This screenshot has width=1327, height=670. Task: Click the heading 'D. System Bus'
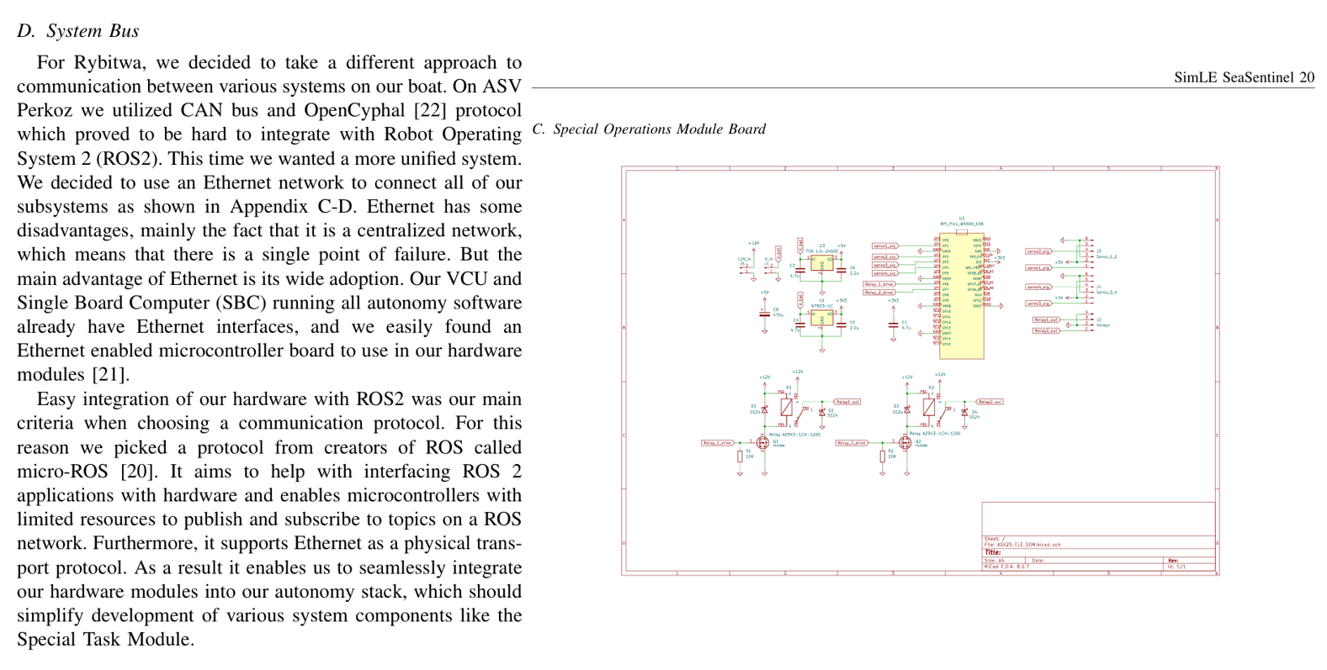point(78,31)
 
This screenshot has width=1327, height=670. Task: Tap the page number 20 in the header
point(1306,77)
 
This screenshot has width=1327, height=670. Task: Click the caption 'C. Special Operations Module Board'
point(649,129)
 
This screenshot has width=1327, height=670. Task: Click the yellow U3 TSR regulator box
point(821,264)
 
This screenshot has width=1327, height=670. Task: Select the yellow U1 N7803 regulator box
point(821,319)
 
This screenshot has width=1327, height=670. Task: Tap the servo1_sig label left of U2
point(884,246)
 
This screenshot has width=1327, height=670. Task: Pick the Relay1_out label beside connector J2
point(1046,320)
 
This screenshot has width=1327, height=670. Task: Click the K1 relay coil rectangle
point(787,407)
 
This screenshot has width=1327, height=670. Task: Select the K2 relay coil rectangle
point(929,407)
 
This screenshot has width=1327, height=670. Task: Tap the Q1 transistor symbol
point(763,442)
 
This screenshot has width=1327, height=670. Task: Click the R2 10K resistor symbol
point(882,456)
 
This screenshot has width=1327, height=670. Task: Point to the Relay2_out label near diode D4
point(990,402)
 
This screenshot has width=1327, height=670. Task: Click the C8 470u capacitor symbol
point(764,312)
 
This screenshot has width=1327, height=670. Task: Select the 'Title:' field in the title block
point(993,552)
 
